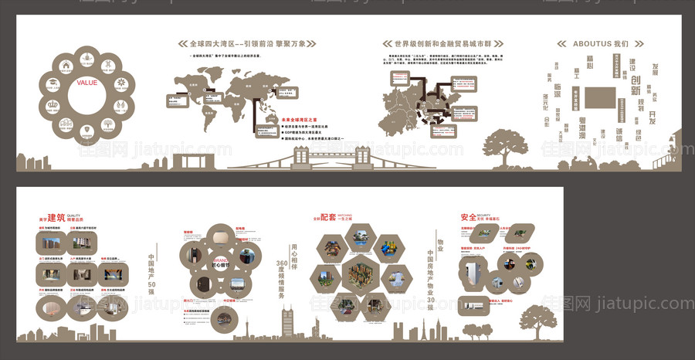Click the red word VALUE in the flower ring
(x=86, y=82)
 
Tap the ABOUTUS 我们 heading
(x=601, y=43)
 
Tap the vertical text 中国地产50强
(x=152, y=273)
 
